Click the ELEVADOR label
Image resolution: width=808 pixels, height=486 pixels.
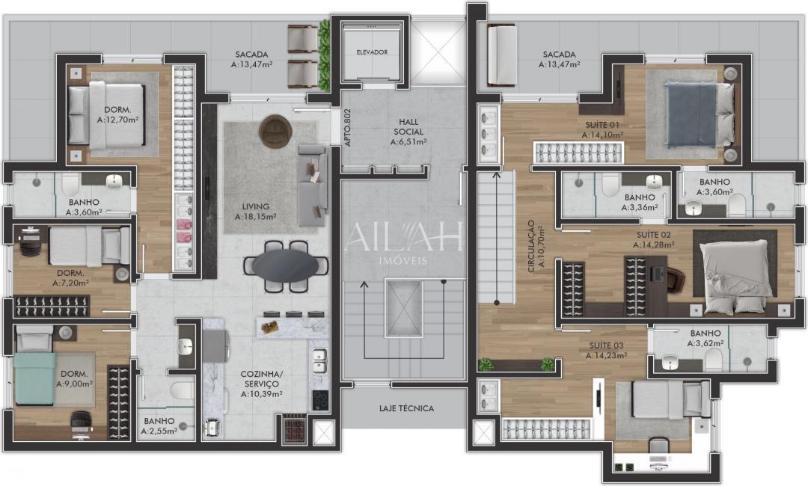372,52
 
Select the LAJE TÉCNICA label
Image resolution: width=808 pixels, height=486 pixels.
406,408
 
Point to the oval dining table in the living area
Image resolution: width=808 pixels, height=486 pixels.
285,265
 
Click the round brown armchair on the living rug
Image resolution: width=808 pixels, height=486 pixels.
274,132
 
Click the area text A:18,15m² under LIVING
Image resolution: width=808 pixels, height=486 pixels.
255,217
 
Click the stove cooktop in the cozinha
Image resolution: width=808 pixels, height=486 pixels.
320,400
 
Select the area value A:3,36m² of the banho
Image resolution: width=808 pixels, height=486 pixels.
639,208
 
